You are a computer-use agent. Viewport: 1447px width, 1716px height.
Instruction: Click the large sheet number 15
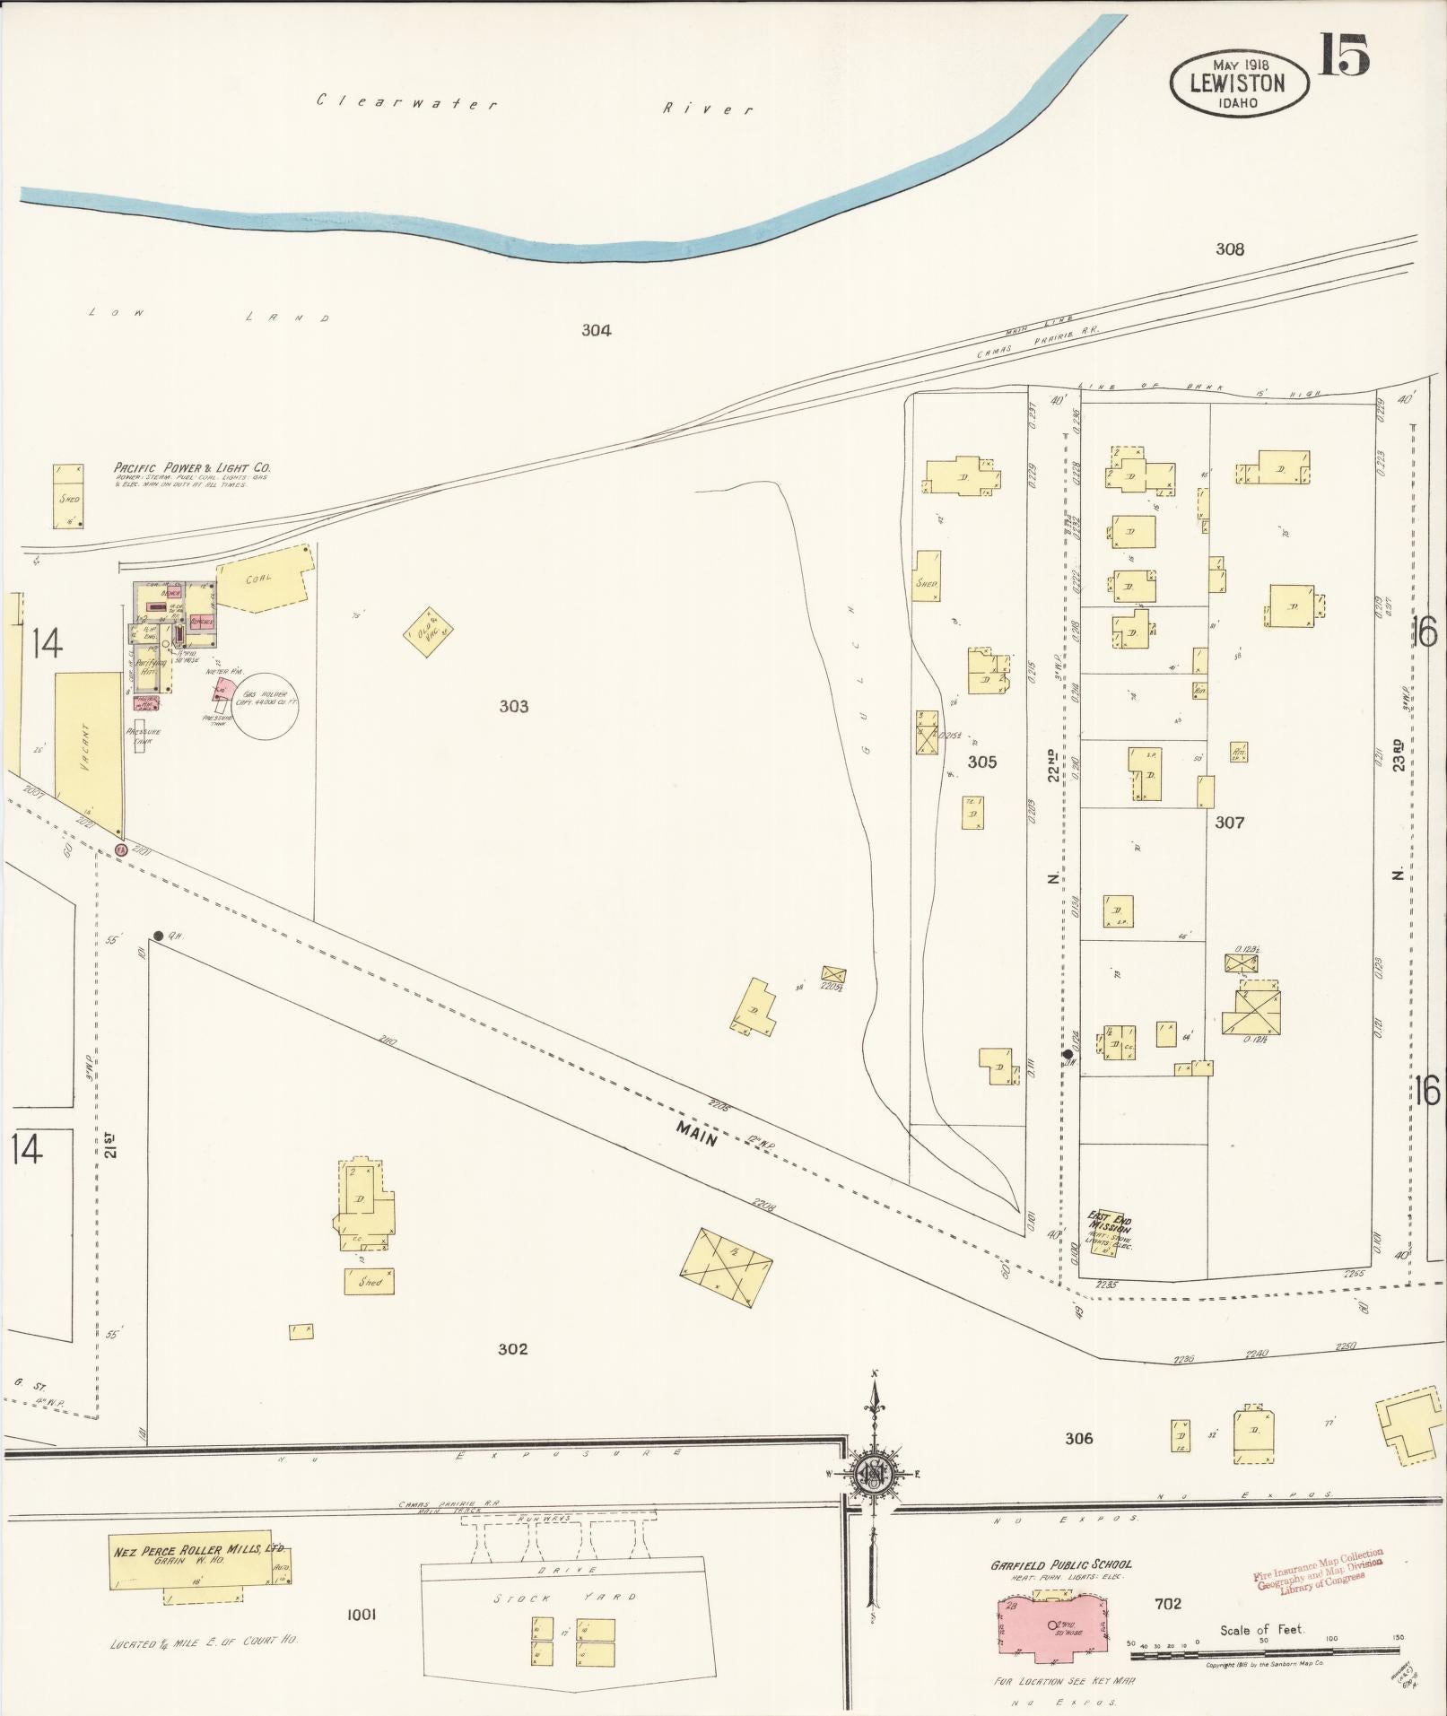(1343, 55)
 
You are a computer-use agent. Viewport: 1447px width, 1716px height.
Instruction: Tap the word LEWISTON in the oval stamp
(1237, 83)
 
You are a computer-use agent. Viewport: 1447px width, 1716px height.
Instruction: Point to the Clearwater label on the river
(406, 101)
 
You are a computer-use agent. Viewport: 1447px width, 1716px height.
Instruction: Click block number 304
(596, 330)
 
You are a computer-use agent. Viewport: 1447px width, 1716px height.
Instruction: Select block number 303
(513, 707)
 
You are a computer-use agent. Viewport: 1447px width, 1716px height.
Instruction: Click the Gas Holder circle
(266, 706)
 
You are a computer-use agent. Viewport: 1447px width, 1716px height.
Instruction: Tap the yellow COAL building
(266, 579)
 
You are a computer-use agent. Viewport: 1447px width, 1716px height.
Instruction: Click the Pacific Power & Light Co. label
(191, 467)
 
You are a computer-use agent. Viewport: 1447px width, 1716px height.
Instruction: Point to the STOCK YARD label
(566, 1598)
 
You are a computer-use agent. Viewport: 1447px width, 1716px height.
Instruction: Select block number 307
(1228, 822)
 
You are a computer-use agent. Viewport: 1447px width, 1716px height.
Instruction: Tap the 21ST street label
(109, 1146)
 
